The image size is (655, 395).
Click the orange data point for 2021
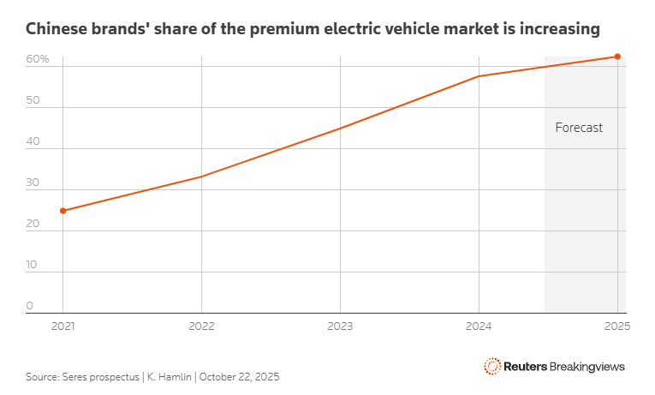pos(63,210)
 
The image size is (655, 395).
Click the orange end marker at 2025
pos(617,57)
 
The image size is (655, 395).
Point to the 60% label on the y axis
pos(37,59)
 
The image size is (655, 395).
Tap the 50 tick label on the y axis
pos(33,100)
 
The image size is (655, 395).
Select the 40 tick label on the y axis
pos(33,141)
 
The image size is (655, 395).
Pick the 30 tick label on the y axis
pos(33,183)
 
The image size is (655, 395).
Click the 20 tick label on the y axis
pos(33,224)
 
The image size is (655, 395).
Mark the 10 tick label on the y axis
pos(32,265)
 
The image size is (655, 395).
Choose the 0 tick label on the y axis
pos(29,306)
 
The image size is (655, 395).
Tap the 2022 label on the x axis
pos(201,326)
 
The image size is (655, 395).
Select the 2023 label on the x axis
pos(340,326)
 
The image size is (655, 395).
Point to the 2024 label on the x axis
pos(479,326)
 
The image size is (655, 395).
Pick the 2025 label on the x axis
pos(616,326)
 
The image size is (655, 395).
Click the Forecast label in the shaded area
pos(579,128)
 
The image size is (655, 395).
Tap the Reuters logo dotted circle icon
pos(492,366)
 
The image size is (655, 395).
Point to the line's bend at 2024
pos(479,76)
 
